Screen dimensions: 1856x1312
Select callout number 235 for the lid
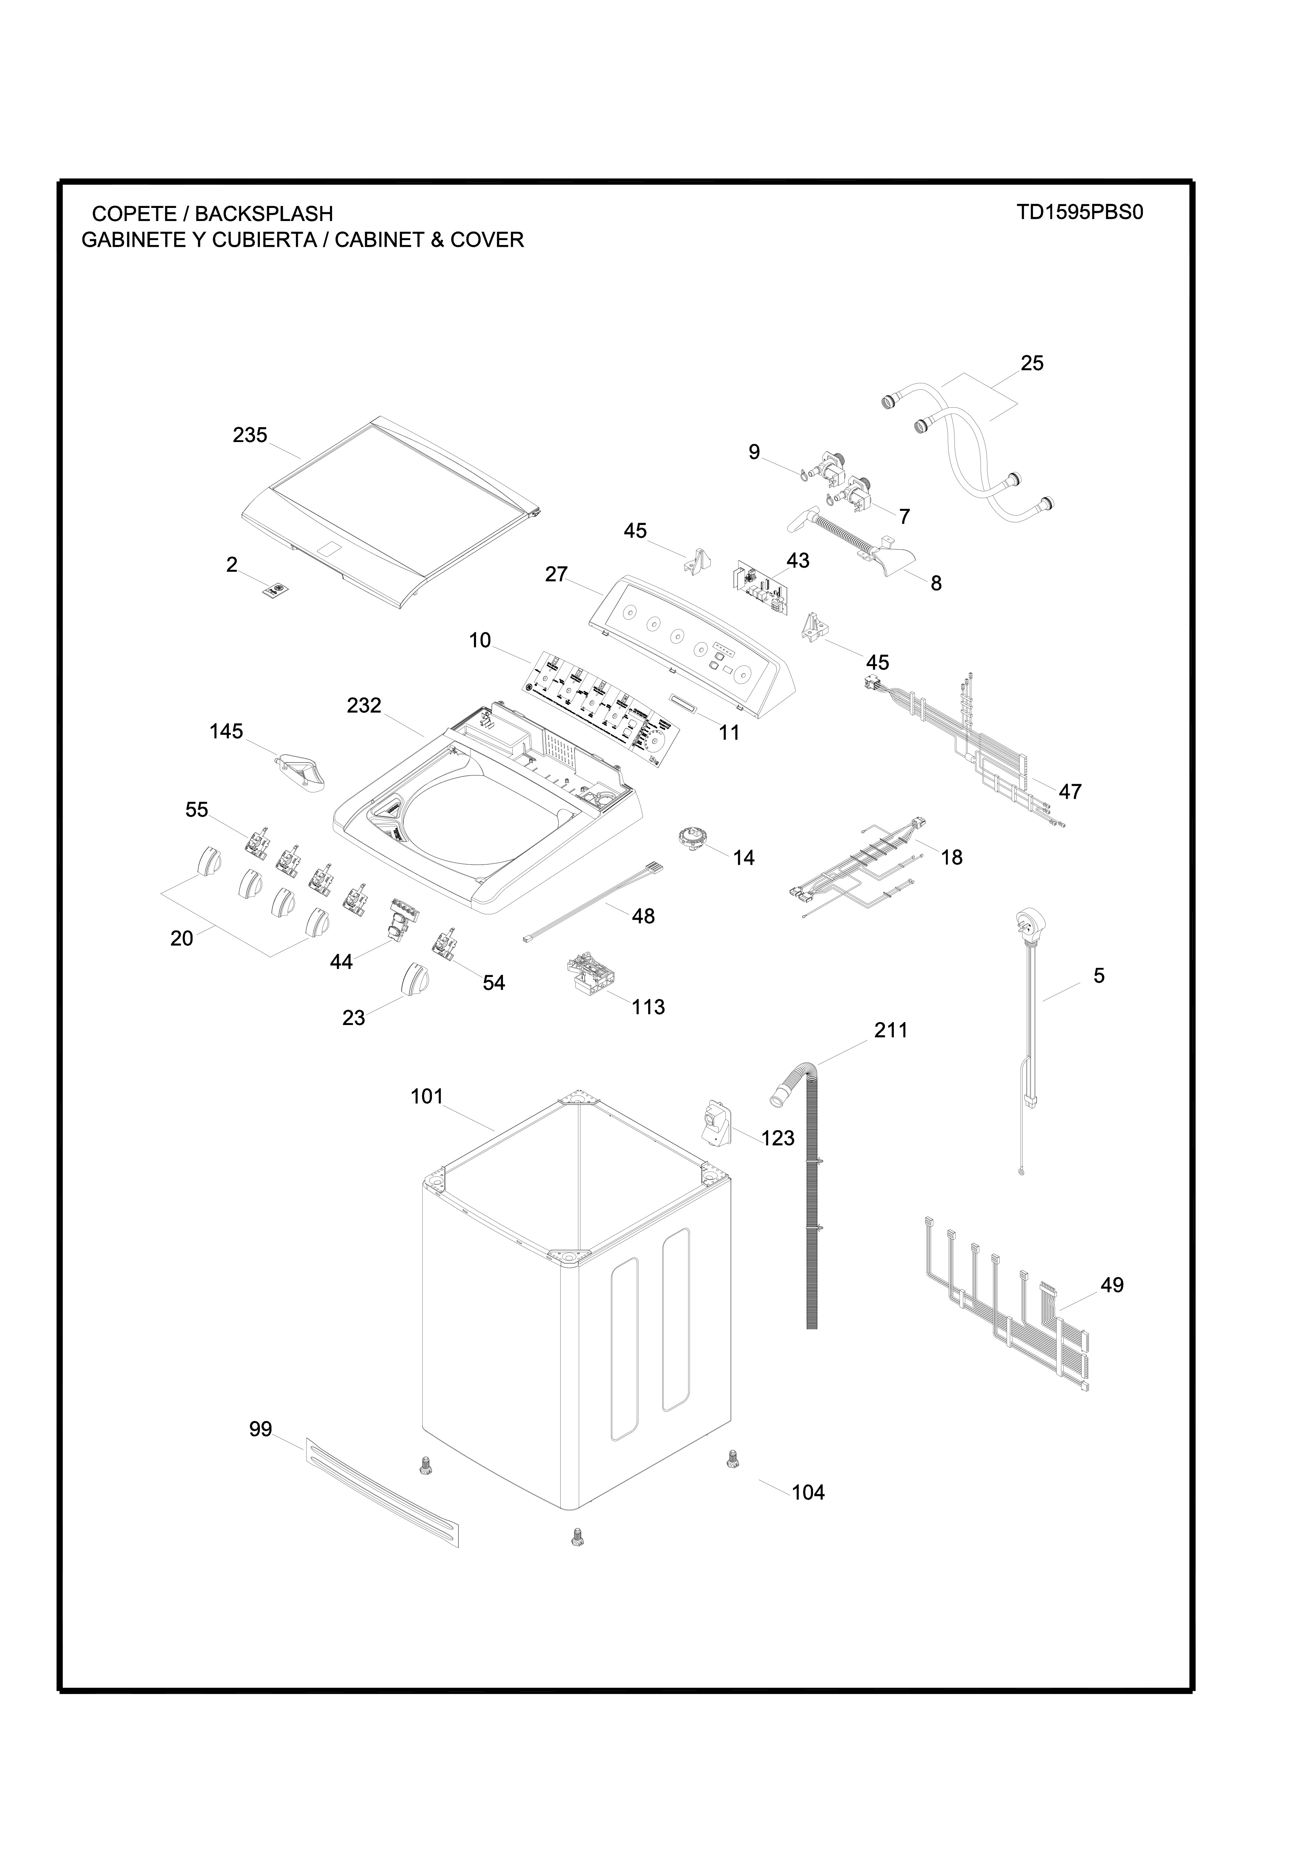click(x=250, y=436)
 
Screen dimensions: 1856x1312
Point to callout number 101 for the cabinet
click(x=427, y=1097)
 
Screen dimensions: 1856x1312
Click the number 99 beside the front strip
click(x=260, y=1430)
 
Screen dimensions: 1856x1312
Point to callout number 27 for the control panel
click(x=556, y=575)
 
